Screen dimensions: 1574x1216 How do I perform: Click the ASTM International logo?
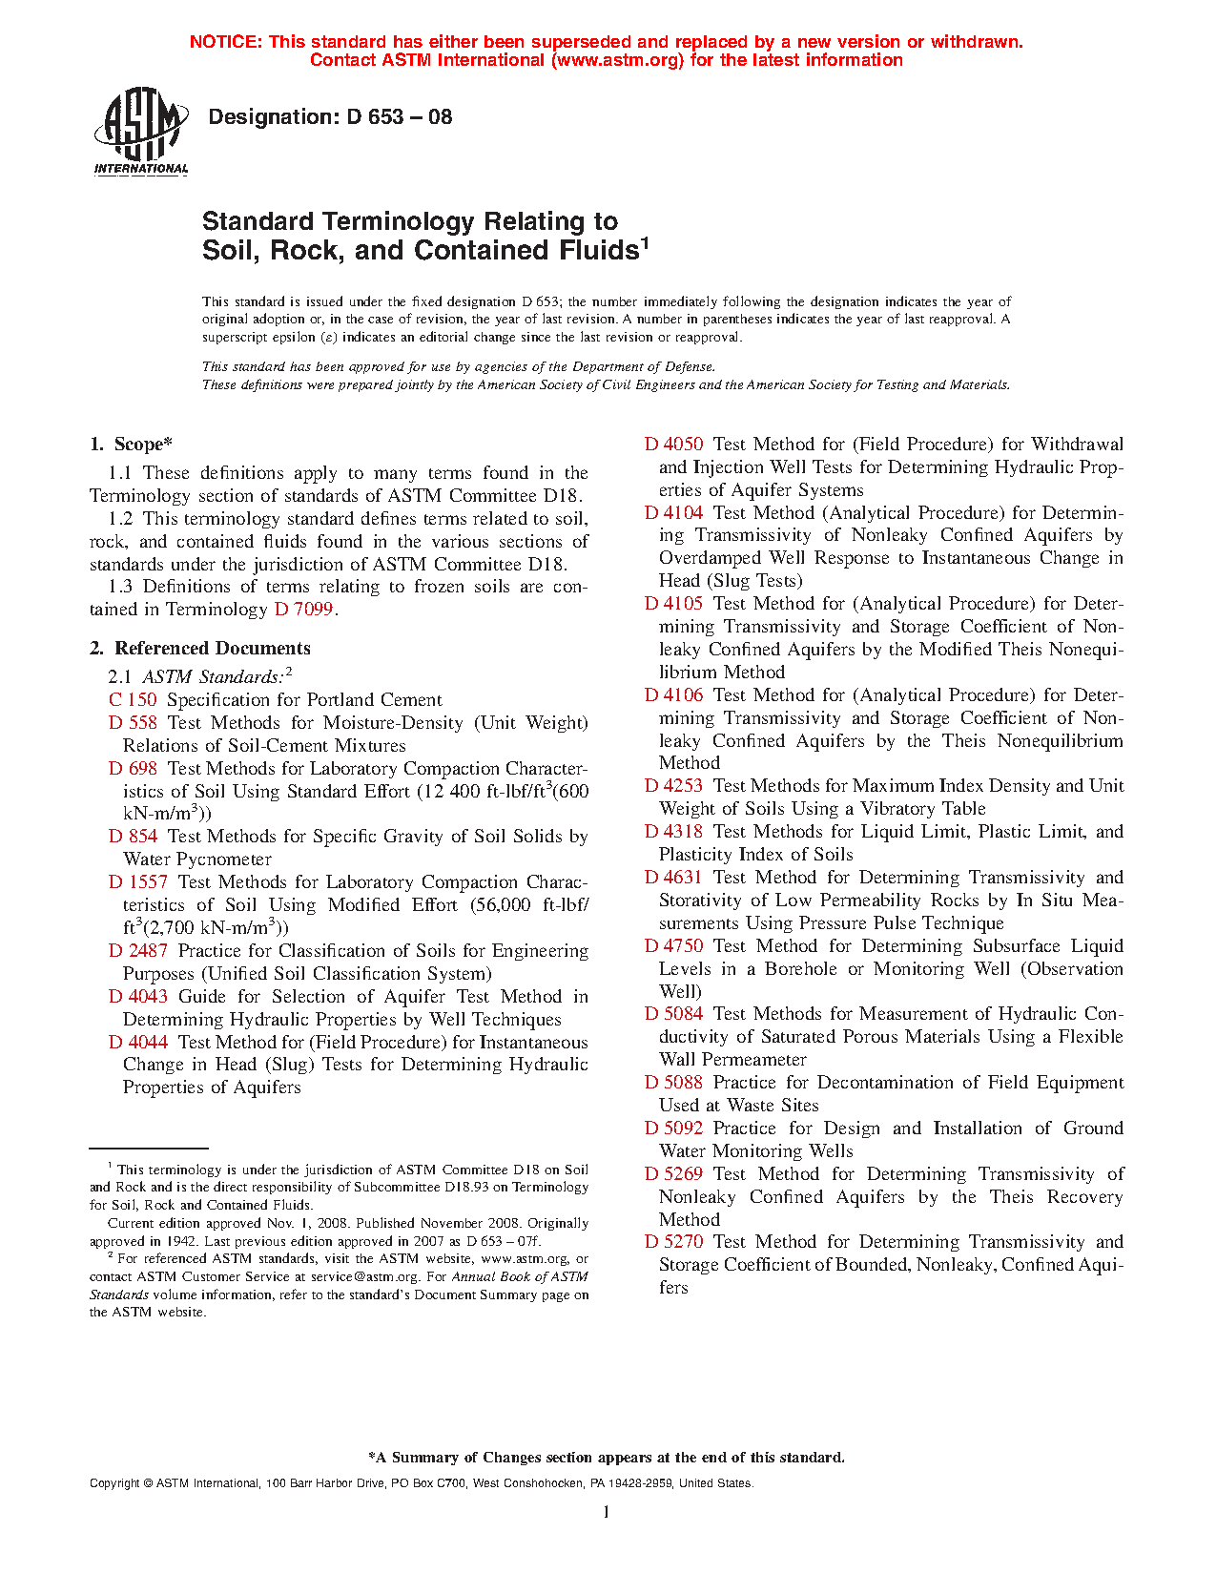(141, 132)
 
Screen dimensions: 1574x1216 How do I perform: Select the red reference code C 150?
(133, 700)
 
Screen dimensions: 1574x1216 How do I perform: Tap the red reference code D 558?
(133, 723)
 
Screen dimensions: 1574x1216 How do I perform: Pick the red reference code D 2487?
(138, 951)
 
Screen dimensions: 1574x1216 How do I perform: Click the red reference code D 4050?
(673, 445)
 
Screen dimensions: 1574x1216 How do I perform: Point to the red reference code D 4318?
(673, 832)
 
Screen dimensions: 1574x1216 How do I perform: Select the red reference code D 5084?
(673, 1014)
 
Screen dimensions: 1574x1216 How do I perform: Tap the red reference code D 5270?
(673, 1242)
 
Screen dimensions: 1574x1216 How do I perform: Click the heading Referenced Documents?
(213, 649)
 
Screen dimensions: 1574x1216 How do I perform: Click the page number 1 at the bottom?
(607, 1512)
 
